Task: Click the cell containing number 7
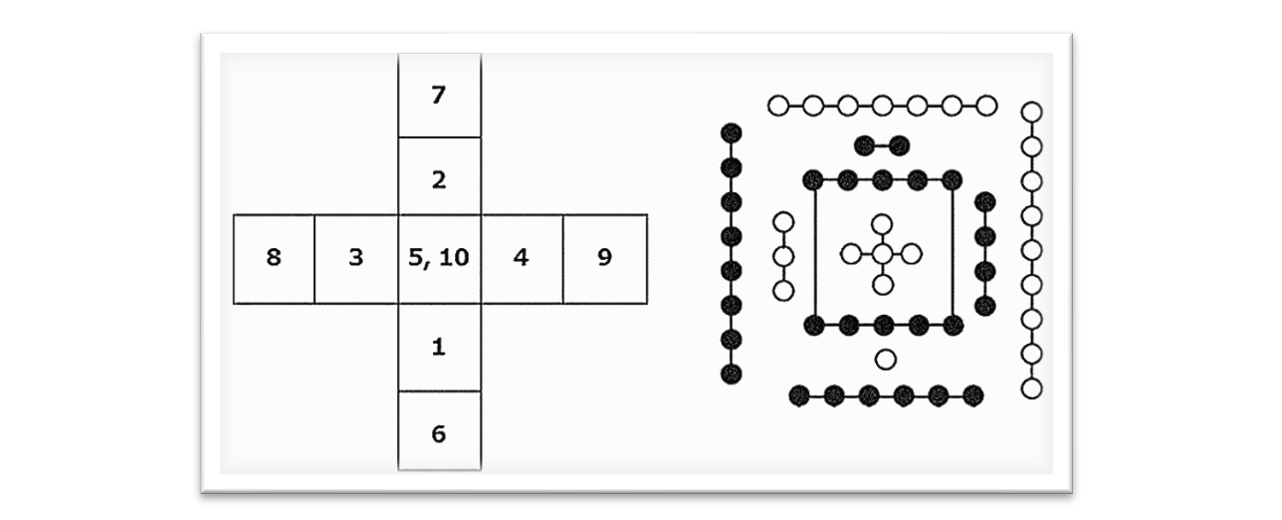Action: (x=439, y=96)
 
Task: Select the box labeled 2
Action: (x=439, y=180)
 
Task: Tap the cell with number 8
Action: (x=274, y=257)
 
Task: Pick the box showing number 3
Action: (x=356, y=257)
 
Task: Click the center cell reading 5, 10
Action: (x=439, y=257)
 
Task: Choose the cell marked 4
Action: (x=521, y=257)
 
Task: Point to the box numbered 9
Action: (x=604, y=257)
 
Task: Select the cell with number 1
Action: (x=439, y=347)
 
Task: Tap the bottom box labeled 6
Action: (x=439, y=434)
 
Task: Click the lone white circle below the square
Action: (x=885, y=359)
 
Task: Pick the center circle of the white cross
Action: (x=882, y=254)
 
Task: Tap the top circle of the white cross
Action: (x=882, y=224)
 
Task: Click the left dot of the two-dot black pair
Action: (x=865, y=145)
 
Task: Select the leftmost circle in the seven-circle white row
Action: (x=778, y=105)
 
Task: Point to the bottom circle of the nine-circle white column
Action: (x=1032, y=388)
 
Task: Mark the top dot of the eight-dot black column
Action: (x=732, y=132)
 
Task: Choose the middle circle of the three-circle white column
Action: (x=783, y=256)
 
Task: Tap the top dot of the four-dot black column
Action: (x=985, y=203)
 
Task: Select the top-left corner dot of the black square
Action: (x=814, y=180)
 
